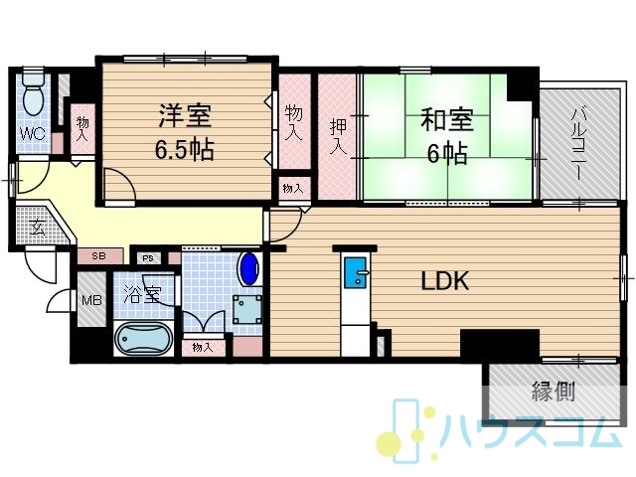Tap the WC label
click(33, 133)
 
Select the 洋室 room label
click(185, 115)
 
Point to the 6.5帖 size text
click(184, 150)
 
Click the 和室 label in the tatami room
click(447, 119)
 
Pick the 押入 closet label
click(338, 137)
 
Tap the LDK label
click(445, 280)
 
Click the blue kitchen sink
click(356, 273)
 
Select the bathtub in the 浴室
click(144, 339)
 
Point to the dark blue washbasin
click(249, 268)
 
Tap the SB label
click(98, 256)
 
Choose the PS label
click(148, 258)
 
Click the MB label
click(92, 300)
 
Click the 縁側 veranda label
click(554, 392)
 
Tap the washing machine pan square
click(246, 309)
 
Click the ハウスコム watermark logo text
click(531, 430)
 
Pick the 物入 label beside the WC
click(82, 129)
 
